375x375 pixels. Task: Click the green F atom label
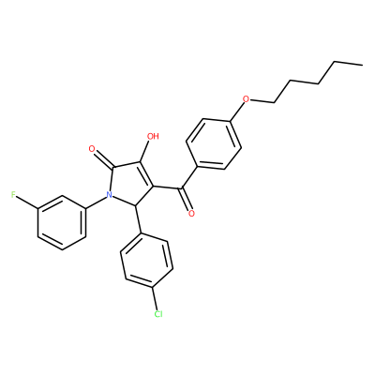point(13,195)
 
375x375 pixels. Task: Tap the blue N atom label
point(109,195)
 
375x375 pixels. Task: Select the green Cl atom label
point(158,314)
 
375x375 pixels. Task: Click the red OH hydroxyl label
point(153,136)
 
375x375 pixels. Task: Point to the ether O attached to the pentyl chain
point(247,99)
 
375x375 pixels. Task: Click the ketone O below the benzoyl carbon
point(191,214)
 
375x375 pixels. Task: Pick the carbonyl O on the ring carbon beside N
point(92,149)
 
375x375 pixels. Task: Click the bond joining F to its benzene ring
point(27,202)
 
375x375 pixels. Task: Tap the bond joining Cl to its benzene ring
point(155,298)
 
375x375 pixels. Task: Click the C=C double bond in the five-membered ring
point(146,175)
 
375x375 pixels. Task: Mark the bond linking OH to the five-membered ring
point(145,152)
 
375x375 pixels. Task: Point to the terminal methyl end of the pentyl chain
point(363,65)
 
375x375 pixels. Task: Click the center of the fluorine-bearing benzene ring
point(62,223)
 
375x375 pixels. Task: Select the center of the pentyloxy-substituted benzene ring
point(214,144)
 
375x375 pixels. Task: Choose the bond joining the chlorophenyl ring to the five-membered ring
point(138,219)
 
